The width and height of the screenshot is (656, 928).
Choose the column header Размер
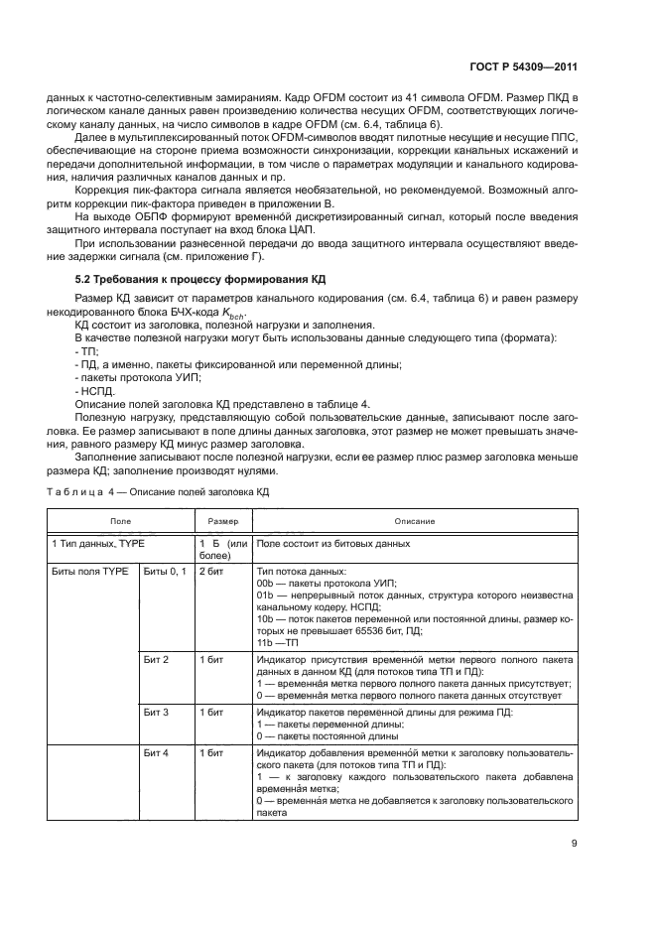(x=222, y=520)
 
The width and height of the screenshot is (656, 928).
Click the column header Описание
(x=414, y=520)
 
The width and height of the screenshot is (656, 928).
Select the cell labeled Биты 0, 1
(x=166, y=573)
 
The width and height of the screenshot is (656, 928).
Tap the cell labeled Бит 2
(x=157, y=659)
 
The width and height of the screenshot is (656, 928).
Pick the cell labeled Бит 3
(x=157, y=713)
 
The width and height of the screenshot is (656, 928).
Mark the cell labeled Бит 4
(x=157, y=754)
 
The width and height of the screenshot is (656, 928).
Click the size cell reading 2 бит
(x=211, y=573)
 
